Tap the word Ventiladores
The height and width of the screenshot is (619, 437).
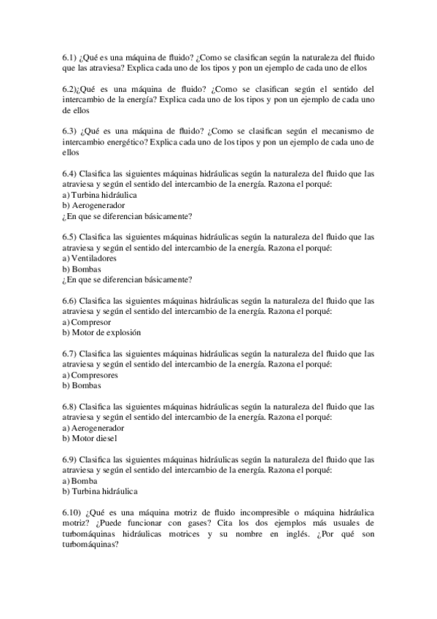tap(94, 258)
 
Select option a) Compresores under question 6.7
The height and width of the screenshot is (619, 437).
tap(90, 375)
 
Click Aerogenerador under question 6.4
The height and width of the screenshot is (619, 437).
tap(98, 206)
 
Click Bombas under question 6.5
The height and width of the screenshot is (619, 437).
tap(86, 269)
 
